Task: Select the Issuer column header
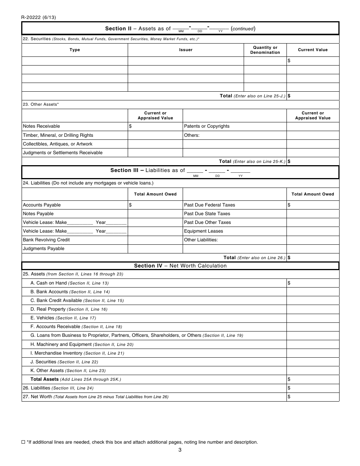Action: click(x=186, y=50)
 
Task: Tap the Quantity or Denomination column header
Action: click(x=265, y=50)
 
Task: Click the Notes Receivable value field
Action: click(x=155, y=127)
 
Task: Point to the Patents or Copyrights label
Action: click(x=207, y=127)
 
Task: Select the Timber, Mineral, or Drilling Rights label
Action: click(x=58, y=135)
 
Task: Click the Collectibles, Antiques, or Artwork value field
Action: click(x=155, y=144)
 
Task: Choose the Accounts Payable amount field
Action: click(x=155, y=205)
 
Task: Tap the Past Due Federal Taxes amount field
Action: click(x=313, y=205)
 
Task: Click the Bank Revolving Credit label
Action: click(x=46, y=240)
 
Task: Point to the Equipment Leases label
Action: click(x=203, y=231)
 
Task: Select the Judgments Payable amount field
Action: click(x=155, y=249)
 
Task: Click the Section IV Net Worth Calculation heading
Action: click(x=180, y=266)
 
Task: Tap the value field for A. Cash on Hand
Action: click(x=313, y=283)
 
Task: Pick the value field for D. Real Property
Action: click(x=313, y=309)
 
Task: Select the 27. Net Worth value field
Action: click(x=313, y=397)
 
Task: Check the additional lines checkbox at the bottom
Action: click(x=23, y=442)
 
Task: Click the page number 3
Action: click(x=180, y=450)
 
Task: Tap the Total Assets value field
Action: click(x=313, y=379)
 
